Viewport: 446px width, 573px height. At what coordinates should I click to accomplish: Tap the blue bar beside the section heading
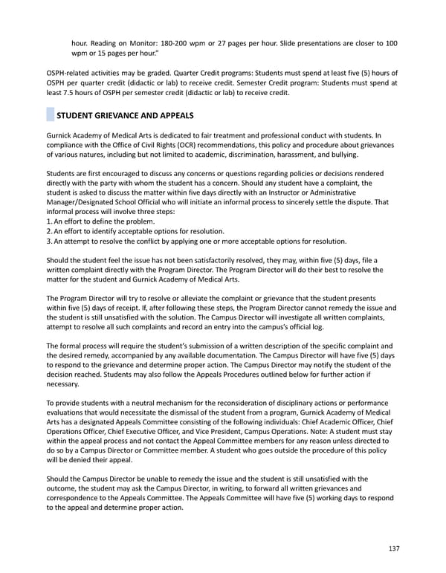50,115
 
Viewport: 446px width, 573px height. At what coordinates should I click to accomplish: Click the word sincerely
306,203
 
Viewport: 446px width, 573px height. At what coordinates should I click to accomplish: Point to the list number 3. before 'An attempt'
49,241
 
